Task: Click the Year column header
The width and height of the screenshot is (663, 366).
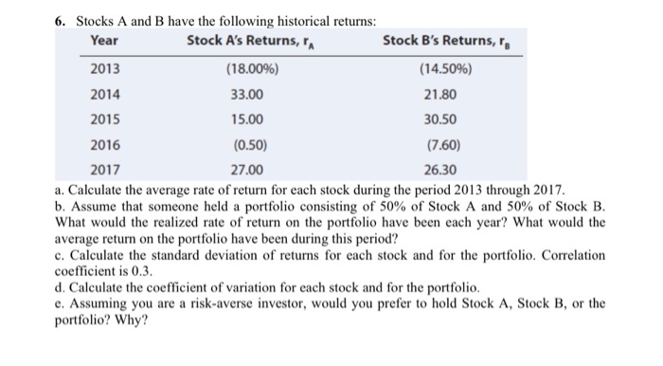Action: [104, 40]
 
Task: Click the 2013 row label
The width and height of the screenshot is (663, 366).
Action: [104, 69]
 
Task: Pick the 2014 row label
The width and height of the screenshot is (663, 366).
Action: [104, 95]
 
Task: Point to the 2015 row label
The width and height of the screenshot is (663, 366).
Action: [104, 119]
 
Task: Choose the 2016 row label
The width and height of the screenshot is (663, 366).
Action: [104, 145]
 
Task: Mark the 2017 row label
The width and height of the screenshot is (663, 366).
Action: [104, 171]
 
